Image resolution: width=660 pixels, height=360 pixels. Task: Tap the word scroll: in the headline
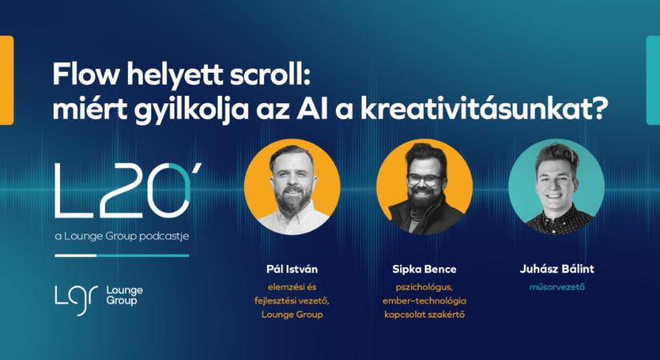click(x=268, y=75)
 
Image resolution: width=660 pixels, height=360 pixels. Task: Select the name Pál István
click(x=292, y=270)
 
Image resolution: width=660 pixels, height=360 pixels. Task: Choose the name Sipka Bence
click(x=424, y=270)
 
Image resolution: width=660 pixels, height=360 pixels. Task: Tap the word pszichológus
click(x=424, y=286)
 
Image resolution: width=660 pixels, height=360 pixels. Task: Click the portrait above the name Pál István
click(x=292, y=186)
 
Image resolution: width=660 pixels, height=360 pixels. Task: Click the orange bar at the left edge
click(x=6, y=80)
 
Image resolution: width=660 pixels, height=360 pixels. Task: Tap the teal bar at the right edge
click(x=653, y=80)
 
